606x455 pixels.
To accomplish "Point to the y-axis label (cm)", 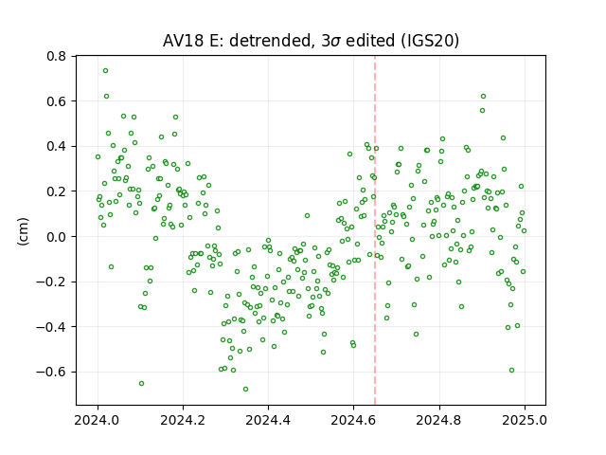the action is click(23, 231).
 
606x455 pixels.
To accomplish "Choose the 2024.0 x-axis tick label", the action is click(98, 420).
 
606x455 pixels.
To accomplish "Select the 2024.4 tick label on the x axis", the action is click(268, 420).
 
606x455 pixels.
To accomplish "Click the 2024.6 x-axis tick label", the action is click(353, 420).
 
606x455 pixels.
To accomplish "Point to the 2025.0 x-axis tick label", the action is click(525, 420).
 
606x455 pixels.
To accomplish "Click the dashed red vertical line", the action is click(375, 230).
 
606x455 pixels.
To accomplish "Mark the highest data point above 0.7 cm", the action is click(105, 71).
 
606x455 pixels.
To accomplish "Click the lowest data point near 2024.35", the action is click(245, 390).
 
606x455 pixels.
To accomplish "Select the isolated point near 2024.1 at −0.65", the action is click(141, 383).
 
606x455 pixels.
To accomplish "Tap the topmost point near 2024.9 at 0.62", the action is click(483, 97).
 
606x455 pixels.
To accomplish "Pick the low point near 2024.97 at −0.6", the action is click(511, 371).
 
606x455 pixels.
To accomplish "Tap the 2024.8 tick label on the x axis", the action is click(439, 420).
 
